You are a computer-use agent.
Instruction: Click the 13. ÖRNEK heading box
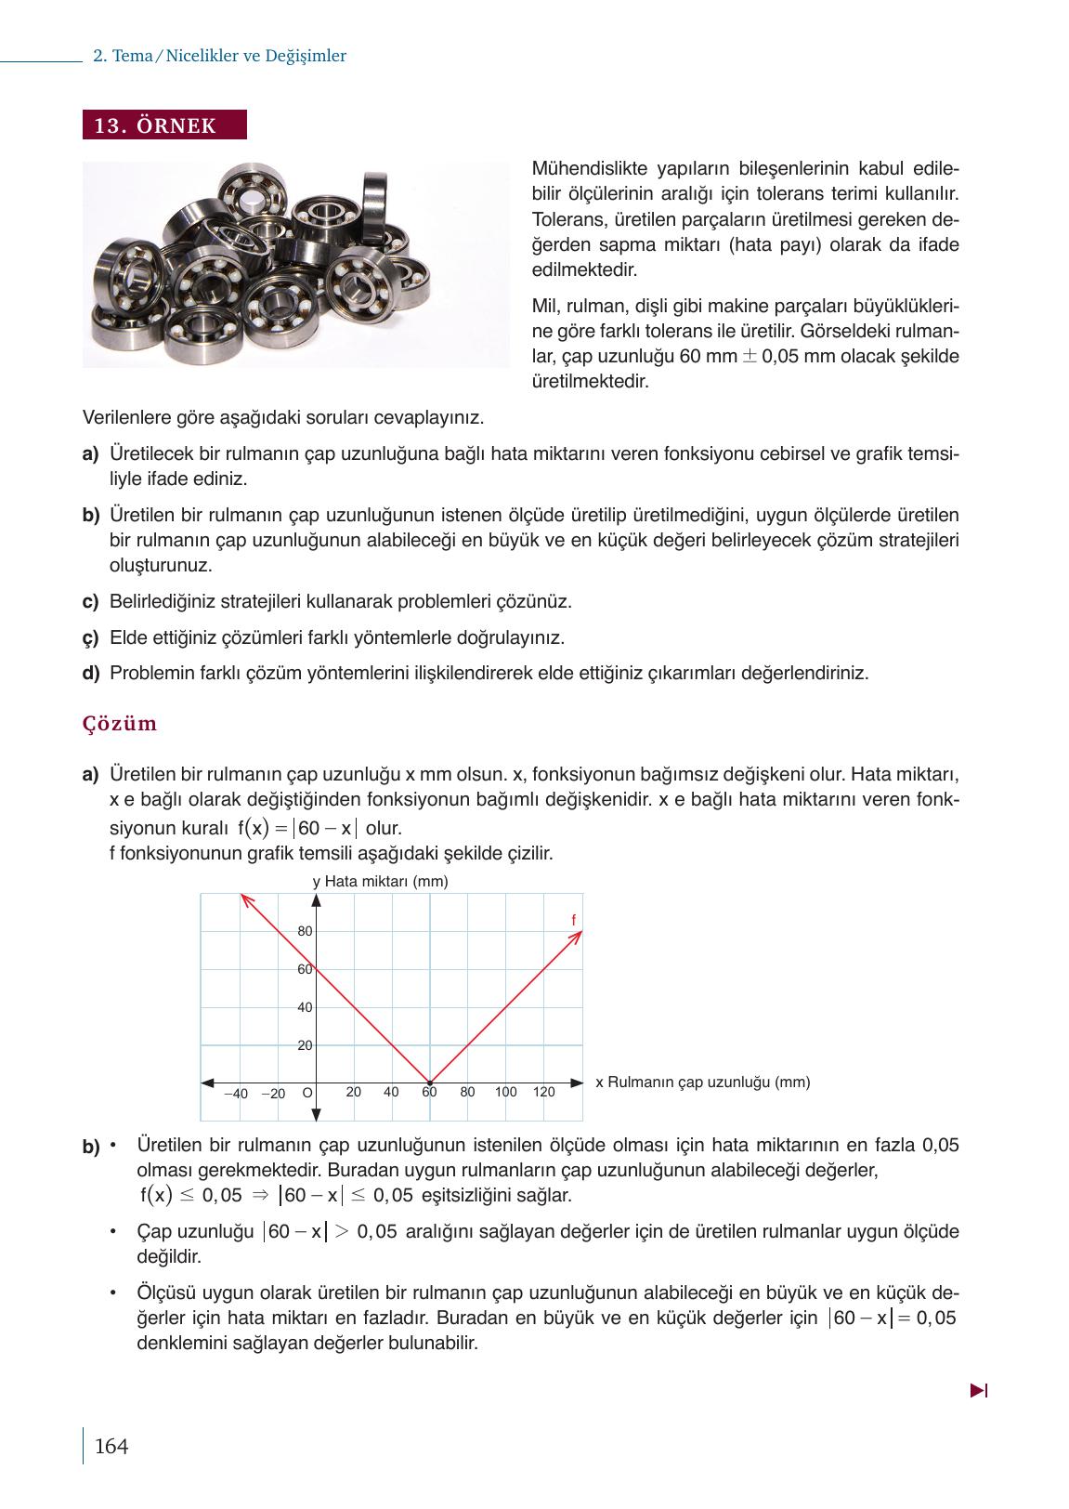click(x=164, y=125)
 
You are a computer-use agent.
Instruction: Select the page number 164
click(x=111, y=1446)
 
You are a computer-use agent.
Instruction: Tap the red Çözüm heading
click(x=120, y=724)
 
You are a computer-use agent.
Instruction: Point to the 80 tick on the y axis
click(x=305, y=931)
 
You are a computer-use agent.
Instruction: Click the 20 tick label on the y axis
click(x=305, y=1045)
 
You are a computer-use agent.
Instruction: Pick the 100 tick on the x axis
click(x=505, y=1092)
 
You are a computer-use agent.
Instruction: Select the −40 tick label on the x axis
click(x=236, y=1094)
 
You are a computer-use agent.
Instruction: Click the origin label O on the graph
click(x=306, y=1093)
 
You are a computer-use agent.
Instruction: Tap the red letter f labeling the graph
click(x=573, y=920)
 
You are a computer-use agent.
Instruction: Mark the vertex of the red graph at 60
click(x=429, y=1083)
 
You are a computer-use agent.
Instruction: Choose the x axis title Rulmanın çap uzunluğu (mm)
click(x=702, y=1082)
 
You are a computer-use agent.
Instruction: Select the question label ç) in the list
click(x=90, y=638)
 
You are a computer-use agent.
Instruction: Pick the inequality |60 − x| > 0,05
click(x=331, y=1232)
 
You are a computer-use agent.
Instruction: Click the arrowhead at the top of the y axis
click(x=316, y=900)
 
